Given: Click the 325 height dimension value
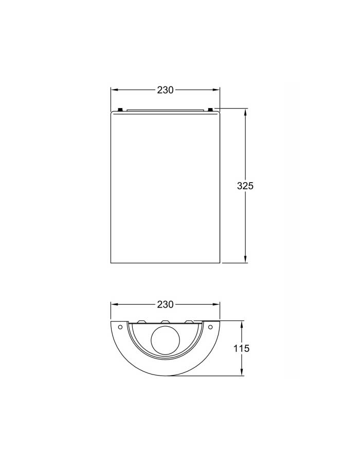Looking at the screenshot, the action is pos(245,186).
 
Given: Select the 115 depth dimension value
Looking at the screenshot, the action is pos(241,348).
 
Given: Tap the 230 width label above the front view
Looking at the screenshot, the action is pos(165,90).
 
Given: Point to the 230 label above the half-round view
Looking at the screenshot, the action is pos(165,304).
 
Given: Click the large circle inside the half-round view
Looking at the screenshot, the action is pos(165,340).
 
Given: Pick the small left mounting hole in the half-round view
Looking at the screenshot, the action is pos(120,327).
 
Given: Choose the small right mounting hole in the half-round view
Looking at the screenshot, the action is pos(210,327).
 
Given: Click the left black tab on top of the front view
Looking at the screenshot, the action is pos(120,110).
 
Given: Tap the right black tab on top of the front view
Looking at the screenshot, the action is pos(210,110).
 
